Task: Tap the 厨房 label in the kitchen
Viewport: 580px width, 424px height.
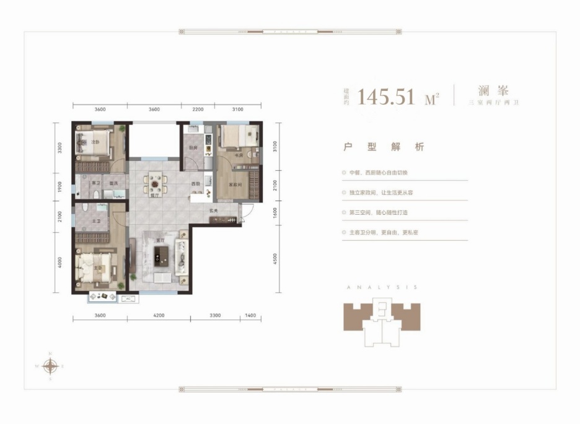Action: (x=193, y=149)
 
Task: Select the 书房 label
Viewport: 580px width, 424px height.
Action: (x=238, y=156)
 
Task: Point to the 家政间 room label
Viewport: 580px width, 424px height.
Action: (x=232, y=185)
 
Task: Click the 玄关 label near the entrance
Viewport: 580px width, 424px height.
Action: (x=213, y=212)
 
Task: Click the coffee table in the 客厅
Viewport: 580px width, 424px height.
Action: (x=162, y=252)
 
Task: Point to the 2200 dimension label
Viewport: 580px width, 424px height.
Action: (x=198, y=109)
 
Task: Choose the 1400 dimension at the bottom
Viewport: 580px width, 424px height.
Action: (x=250, y=316)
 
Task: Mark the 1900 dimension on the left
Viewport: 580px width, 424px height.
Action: (x=60, y=188)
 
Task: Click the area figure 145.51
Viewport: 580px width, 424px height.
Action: (x=390, y=97)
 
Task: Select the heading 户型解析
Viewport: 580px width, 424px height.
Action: (x=384, y=147)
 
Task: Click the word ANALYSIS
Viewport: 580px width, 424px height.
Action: (x=382, y=288)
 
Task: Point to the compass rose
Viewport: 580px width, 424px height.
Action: (x=50, y=366)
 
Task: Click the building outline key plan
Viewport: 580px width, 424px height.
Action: (x=382, y=322)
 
